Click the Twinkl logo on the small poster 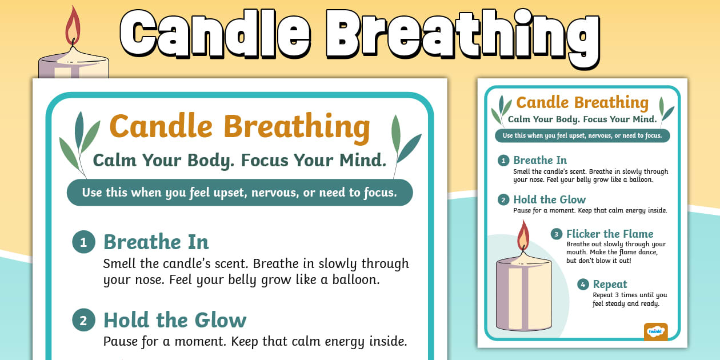click(655, 331)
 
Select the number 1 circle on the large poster click(83, 243)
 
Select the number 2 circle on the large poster click(83, 321)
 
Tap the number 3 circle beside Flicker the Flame click(556, 234)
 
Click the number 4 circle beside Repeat click(583, 285)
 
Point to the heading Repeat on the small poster click(610, 284)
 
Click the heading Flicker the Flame click(610, 234)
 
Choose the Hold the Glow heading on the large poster click(175, 320)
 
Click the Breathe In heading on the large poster click(156, 242)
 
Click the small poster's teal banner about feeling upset click(582, 136)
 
